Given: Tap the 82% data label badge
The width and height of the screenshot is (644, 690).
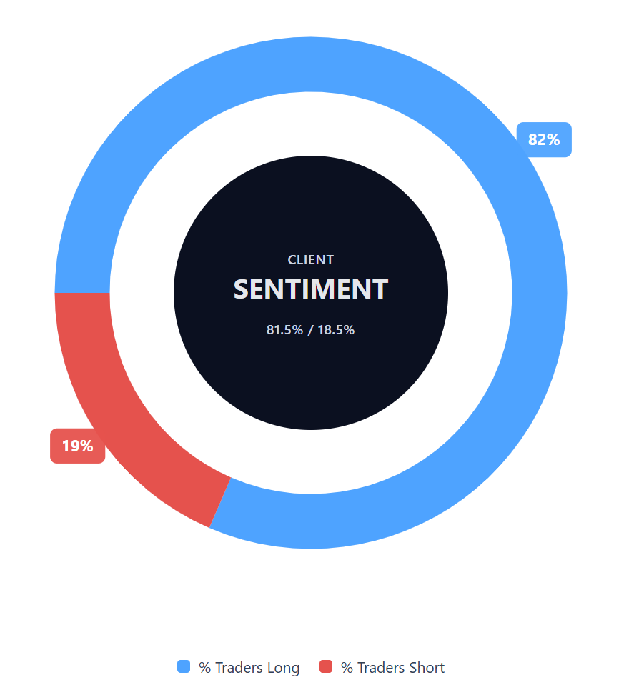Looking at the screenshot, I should coord(544,139).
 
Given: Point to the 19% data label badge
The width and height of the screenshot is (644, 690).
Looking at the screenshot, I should coord(77,446).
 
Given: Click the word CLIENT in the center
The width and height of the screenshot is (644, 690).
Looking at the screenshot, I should coord(311,260).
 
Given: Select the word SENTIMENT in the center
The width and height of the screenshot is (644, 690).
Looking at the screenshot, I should coord(311,289).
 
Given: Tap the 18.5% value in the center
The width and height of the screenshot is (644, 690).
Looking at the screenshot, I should coord(338,330).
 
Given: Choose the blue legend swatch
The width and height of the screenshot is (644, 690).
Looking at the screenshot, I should coord(184,667).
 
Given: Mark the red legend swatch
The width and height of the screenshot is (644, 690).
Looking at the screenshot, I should coord(326,667).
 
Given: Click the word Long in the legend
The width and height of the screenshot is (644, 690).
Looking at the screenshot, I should coord(283,668).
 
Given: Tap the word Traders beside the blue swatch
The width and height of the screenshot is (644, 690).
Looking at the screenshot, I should coord(239,668).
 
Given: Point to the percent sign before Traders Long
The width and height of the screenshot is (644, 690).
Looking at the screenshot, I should coord(204,668).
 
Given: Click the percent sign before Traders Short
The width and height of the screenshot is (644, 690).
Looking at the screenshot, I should coord(347,668).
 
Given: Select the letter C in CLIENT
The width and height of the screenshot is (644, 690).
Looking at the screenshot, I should coord(292,260).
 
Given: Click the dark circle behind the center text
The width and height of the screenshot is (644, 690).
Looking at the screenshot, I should coord(311,386).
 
